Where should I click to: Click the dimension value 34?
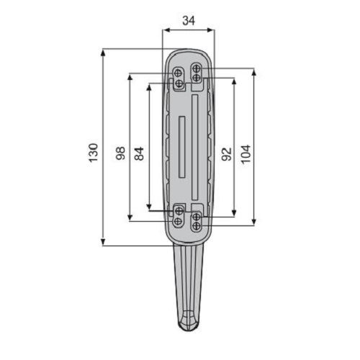pyautogui.click(x=188, y=21)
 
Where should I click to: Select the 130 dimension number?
pyautogui.click(x=93, y=152)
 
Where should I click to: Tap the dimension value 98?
pyautogui.click(x=120, y=152)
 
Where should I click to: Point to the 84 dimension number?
pyautogui.click(x=139, y=152)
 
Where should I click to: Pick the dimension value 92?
pyautogui.click(x=226, y=152)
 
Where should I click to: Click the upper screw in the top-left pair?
pyautogui.click(x=179, y=73)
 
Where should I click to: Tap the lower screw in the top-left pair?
pyautogui.click(x=179, y=84)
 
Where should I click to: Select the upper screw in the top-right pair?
pyautogui.click(x=196, y=68)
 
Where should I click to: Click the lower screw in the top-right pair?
pyautogui.click(x=196, y=77)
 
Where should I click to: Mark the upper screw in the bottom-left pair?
pyautogui.click(x=179, y=210)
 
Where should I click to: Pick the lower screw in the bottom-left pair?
pyautogui.click(x=179, y=219)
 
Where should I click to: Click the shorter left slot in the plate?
pyautogui.click(x=181, y=148)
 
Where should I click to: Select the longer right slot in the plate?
pyautogui.click(x=194, y=148)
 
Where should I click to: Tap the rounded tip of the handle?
pyautogui.click(x=188, y=322)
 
